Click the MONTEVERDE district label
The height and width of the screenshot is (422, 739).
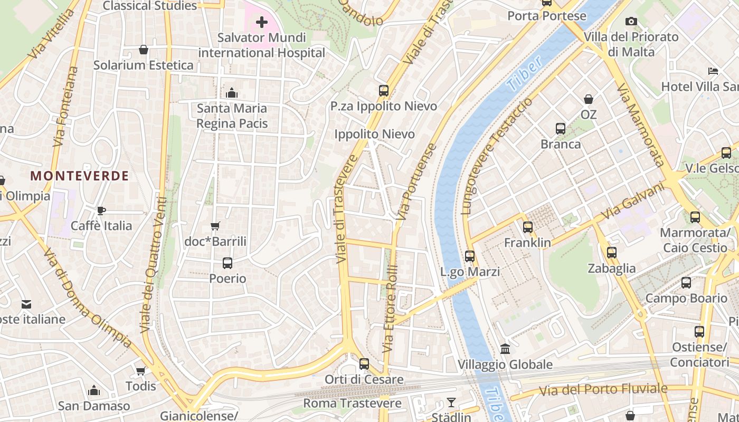[79, 176]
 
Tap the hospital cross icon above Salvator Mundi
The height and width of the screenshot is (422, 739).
[261, 22]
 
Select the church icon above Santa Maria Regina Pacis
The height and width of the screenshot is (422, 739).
[231, 93]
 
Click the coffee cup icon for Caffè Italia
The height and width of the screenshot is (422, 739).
[101, 211]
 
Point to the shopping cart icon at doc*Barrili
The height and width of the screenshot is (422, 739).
[215, 226]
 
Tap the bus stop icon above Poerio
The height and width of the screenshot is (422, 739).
[228, 263]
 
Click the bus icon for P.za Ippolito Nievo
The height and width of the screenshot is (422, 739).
[384, 90]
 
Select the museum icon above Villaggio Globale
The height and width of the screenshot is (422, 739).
[505, 349]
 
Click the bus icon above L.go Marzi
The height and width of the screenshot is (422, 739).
[470, 256]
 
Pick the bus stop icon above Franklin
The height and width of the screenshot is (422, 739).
[527, 227]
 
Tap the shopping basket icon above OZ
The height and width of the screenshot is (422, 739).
[588, 99]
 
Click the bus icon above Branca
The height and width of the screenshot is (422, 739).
[561, 129]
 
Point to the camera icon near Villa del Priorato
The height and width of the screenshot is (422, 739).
[631, 22]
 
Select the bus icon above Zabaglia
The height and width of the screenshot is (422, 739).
[612, 253]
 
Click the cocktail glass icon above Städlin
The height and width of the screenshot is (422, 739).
[451, 402]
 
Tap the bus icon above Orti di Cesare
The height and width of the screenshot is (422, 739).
[364, 364]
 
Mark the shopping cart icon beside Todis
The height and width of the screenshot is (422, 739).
[140, 371]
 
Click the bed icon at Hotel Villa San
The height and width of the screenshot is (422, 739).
[713, 71]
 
